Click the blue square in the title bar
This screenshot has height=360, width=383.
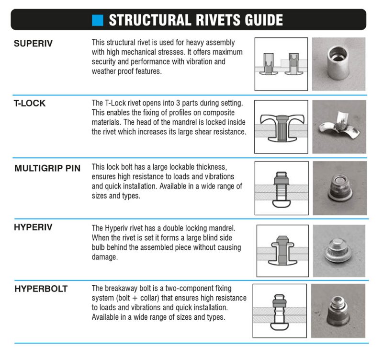98,20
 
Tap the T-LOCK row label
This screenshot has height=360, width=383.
30,104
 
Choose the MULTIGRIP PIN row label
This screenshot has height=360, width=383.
47,168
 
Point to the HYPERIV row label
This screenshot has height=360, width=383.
33,227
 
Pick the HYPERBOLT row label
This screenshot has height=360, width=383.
41,289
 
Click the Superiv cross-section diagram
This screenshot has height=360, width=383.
281,64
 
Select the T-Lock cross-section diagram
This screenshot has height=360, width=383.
281,127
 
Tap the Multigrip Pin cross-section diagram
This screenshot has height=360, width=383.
281,188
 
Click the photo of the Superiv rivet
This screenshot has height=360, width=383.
338,64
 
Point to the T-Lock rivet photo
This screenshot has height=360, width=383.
338,127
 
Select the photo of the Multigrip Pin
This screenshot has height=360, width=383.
338,188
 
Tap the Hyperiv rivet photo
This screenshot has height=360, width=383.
339,249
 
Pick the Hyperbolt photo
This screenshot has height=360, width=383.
338,311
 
